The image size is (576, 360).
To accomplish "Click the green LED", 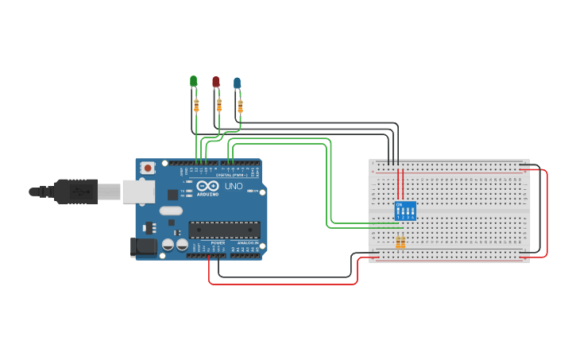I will [193, 81].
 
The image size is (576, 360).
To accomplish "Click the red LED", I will [215, 81].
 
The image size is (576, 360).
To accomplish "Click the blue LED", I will [237, 83].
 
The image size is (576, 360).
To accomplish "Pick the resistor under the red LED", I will [219, 105].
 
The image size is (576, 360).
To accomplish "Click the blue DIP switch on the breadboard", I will [404, 211].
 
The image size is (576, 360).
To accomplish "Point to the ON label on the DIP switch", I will [400, 205].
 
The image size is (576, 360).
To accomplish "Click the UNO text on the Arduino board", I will [234, 186].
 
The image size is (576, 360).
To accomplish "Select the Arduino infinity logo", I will [207, 186].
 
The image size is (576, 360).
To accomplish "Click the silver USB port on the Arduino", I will [138, 192].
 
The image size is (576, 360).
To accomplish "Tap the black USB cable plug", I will [76, 192].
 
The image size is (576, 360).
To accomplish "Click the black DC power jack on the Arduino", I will [144, 247].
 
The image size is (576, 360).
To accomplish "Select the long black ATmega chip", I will [224, 230].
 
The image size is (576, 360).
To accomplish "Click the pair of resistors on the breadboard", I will [400, 242].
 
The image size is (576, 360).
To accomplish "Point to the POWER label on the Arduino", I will [218, 242].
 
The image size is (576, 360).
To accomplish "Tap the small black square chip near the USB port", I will [172, 194].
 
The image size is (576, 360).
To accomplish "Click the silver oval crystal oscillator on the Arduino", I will [170, 211].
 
